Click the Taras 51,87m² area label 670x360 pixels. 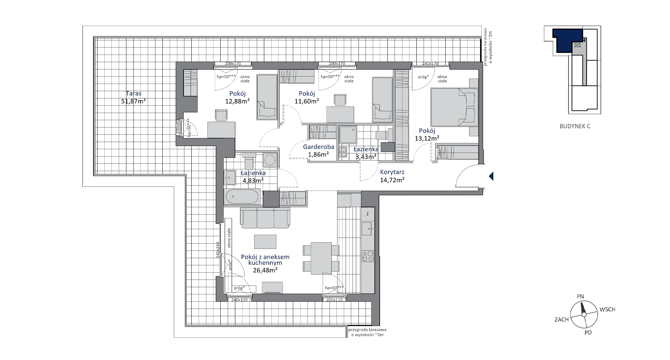click(x=133, y=98)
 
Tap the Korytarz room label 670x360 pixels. click(x=392, y=172)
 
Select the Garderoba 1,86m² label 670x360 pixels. click(x=319, y=151)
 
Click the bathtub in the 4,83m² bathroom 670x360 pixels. click(x=243, y=198)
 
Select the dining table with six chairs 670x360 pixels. click(x=321, y=258)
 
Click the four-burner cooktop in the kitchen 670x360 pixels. click(x=368, y=256)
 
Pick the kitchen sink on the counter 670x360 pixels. click(x=368, y=229)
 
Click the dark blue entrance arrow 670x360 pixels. click(x=491, y=176)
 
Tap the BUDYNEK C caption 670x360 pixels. click(x=575, y=126)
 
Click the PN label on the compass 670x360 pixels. click(x=580, y=297)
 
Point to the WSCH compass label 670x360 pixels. click(x=607, y=309)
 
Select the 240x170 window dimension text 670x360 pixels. click(x=430, y=63)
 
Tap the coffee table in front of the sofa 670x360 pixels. click(x=265, y=242)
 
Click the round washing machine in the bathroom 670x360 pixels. click(x=270, y=160)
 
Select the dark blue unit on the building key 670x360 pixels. click(x=566, y=40)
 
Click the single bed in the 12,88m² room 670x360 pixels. click(x=266, y=97)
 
